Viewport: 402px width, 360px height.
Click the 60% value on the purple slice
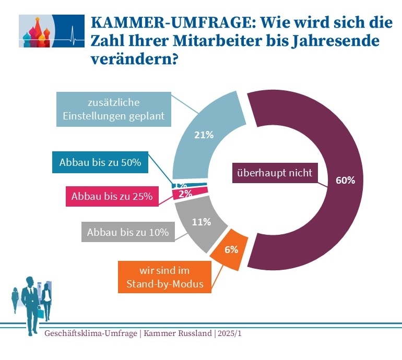click(x=345, y=181)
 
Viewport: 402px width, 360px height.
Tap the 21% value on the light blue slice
click(x=204, y=135)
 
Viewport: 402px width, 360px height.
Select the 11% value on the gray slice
click(x=201, y=222)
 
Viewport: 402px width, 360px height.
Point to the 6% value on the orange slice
click(x=231, y=249)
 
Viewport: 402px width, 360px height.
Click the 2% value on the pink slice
click(x=185, y=194)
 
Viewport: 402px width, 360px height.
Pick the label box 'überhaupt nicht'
click(x=274, y=173)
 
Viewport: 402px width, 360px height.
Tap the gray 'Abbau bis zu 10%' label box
click(x=128, y=232)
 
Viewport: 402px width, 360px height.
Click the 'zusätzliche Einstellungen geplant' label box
click(x=114, y=110)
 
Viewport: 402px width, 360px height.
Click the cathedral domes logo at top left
click(x=36, y=31)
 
